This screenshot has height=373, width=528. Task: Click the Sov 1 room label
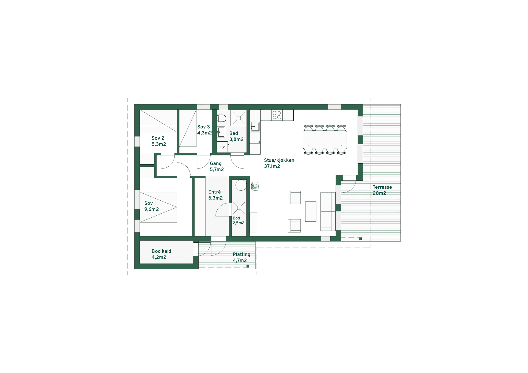coord(151,206)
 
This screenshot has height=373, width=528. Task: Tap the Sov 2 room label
coord(159,141)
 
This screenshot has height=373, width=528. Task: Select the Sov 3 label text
coord(204,130)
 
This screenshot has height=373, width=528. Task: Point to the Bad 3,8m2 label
coord(236,136)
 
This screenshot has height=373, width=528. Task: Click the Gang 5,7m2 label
coord(217,166)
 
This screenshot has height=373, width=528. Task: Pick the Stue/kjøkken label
coord(279,163)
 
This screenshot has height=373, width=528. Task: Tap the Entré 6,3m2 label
coord(215,195)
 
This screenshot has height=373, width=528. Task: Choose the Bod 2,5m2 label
coord(238,221)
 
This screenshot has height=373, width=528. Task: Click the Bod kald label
coord(161,254)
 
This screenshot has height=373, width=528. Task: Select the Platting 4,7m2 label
coord(241,257)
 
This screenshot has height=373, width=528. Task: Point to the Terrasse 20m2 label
coord(382,190)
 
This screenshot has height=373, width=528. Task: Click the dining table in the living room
coord(325,140)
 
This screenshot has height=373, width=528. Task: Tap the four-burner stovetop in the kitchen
coord(277,115)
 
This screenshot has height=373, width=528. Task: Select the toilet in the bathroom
coord(221,118)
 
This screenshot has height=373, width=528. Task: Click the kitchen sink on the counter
coord(255,126)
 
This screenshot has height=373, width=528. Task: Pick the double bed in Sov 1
coord(158,207)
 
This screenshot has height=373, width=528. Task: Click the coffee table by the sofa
coord(311,211)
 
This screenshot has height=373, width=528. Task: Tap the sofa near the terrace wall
coord(326,211)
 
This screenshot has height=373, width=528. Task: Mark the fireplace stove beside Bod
coord(255,186)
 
